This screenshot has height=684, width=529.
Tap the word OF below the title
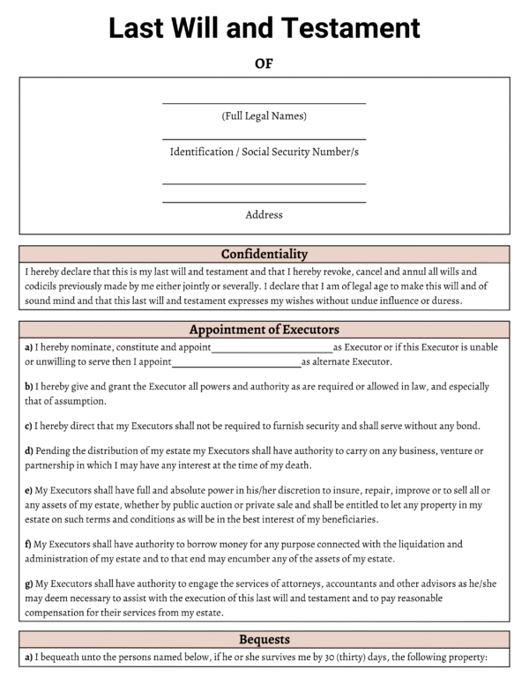pos(264,63)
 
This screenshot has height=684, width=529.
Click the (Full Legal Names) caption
pos(264,115)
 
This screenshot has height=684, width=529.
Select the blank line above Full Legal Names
pos(264,103)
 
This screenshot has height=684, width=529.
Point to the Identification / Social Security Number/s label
pos(264,152)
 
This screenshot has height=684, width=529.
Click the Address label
pos(264,214)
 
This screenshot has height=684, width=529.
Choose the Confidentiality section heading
pos(264,254)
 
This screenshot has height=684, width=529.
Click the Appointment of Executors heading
pos(264,330)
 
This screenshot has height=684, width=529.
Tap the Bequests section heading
pos(264,638)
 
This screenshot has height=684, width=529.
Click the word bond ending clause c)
pos(467,426)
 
